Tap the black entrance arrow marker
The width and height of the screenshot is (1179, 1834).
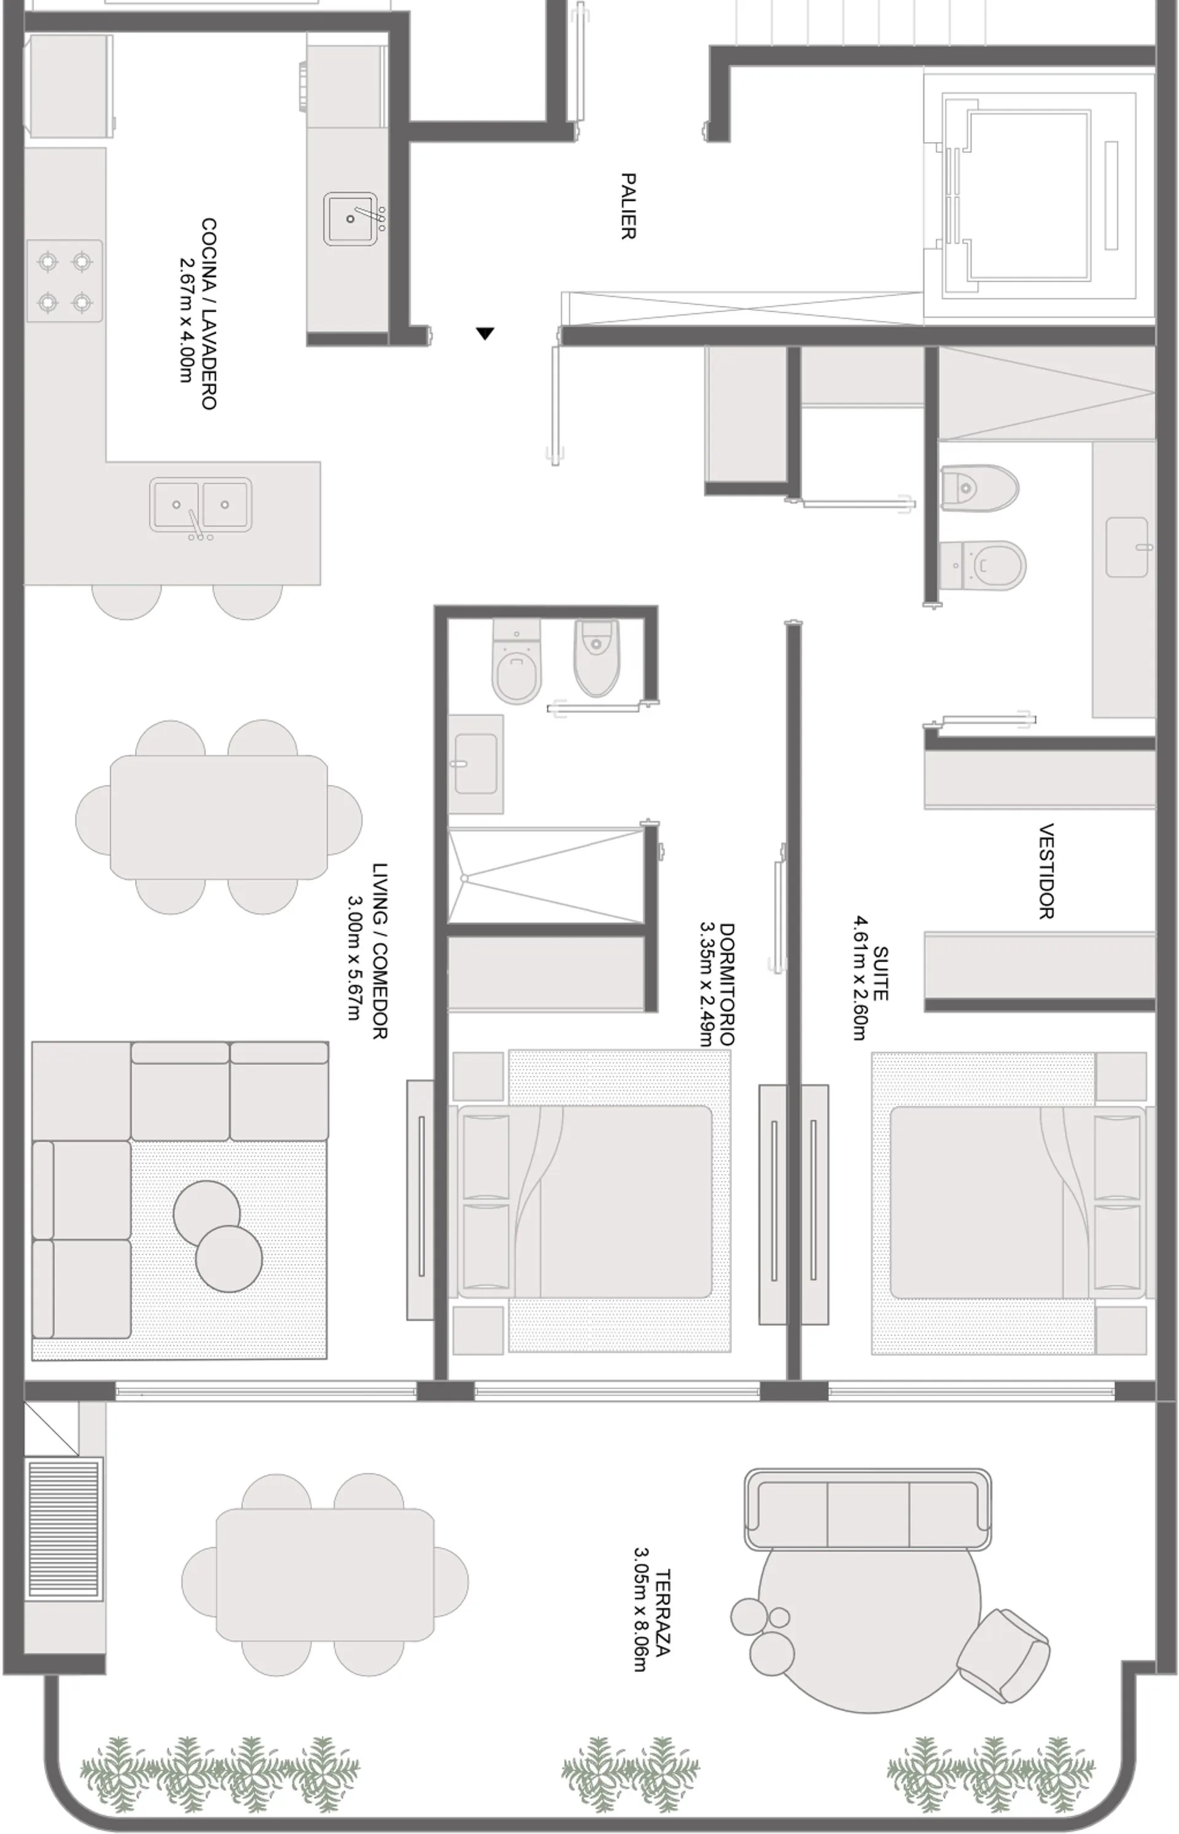pyautogui.click(x=484, y=333)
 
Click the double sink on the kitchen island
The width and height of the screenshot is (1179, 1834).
pyautogui.click(x=201, y=505)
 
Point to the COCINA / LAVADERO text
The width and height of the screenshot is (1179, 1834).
pyautogui.click(x=208, y=314)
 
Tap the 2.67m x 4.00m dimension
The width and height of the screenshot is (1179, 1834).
pyautogui.click(x=186, y=319)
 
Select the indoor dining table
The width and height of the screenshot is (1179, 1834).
pyautogui.click(x=219, y=817)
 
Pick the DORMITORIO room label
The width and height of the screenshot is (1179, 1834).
pyautogui.click(x=726, y=984)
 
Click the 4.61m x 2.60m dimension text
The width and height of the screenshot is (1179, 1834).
pyautogui.click(x=860, y=978)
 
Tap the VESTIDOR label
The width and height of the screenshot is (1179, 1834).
pyautogui.click(x=1046, y=871)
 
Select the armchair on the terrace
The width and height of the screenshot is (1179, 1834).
pyautogui.click(x=1003, y=1656)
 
